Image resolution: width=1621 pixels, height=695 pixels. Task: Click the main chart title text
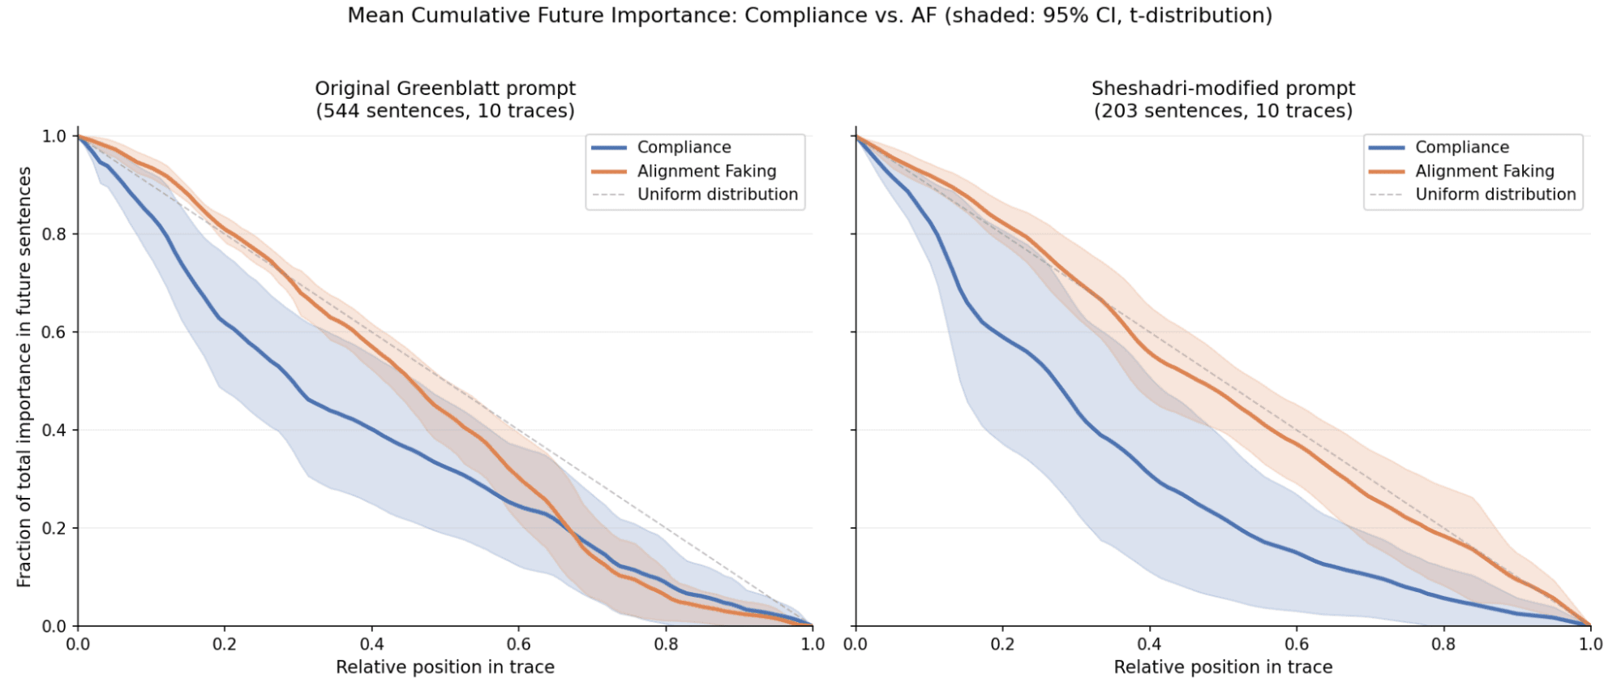[x=809, y=15]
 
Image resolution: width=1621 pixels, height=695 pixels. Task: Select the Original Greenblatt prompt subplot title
[x=445, y=99]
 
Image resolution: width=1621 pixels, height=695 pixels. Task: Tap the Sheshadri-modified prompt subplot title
[x=1223, y=99]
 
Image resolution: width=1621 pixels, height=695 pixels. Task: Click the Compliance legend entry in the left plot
[x=684, y=148]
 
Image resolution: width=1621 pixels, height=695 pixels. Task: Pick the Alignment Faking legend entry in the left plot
[x=706, y=171]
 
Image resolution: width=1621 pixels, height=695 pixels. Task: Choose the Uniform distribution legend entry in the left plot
[x=717, y=195]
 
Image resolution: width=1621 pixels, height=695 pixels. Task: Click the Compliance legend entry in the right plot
[x=1462, y=148]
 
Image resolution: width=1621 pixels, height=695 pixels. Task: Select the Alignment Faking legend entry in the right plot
[x=1485, y=171]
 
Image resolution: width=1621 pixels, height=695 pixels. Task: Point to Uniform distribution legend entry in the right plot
[x=1495, y=195]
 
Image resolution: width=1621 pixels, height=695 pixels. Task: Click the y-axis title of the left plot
[x=24, y=377]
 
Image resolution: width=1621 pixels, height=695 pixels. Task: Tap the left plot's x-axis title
[x=445, y=667]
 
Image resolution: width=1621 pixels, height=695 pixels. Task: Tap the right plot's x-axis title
[x=1223, y=667]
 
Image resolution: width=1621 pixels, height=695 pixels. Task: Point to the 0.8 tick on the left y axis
[x=54, y=234]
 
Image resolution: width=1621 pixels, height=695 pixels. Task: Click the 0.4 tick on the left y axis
[x=54, y=430]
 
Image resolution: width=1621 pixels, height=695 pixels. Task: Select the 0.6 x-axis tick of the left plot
[x=519, y=645]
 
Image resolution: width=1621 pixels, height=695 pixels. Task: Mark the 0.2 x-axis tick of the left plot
[x=225, y=645]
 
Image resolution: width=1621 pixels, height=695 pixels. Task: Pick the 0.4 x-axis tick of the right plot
[x=1149, y=645]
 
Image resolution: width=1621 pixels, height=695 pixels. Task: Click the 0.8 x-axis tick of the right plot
[x=1443, y=645]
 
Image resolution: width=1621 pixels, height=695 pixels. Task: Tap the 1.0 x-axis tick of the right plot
[x=1590, y=645]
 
